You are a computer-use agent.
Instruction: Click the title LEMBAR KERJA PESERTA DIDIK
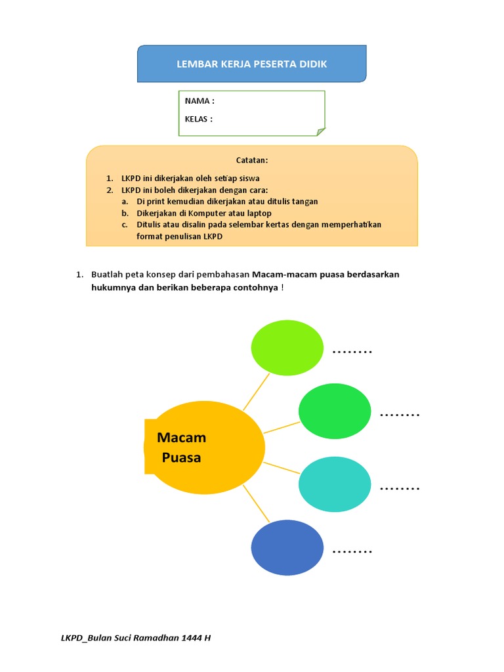252,64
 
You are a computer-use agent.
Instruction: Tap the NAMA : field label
199,101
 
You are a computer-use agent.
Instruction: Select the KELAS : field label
198,119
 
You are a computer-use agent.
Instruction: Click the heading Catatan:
252,160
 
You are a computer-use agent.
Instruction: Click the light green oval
287,348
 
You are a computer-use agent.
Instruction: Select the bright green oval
335,411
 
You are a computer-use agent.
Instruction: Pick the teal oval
335,484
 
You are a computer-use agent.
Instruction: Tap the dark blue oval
287,547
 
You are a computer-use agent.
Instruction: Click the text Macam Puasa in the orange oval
182,447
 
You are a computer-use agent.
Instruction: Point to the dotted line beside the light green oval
352,352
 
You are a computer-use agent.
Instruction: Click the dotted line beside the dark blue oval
352,552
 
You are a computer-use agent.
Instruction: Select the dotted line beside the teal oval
399,489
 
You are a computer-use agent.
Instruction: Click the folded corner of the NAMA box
321,132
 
